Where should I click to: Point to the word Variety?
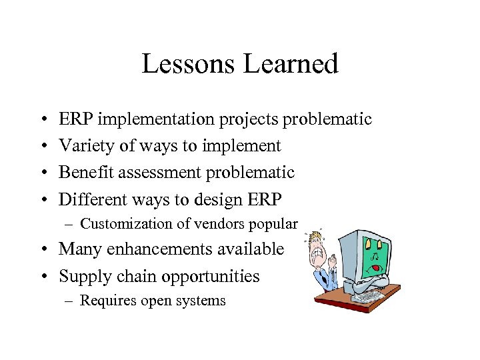(85, 146)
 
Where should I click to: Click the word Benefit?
(85, 173)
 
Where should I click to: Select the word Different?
(92, 199)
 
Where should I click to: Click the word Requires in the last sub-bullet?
(105, 301)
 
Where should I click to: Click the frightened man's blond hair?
(314, 239)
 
